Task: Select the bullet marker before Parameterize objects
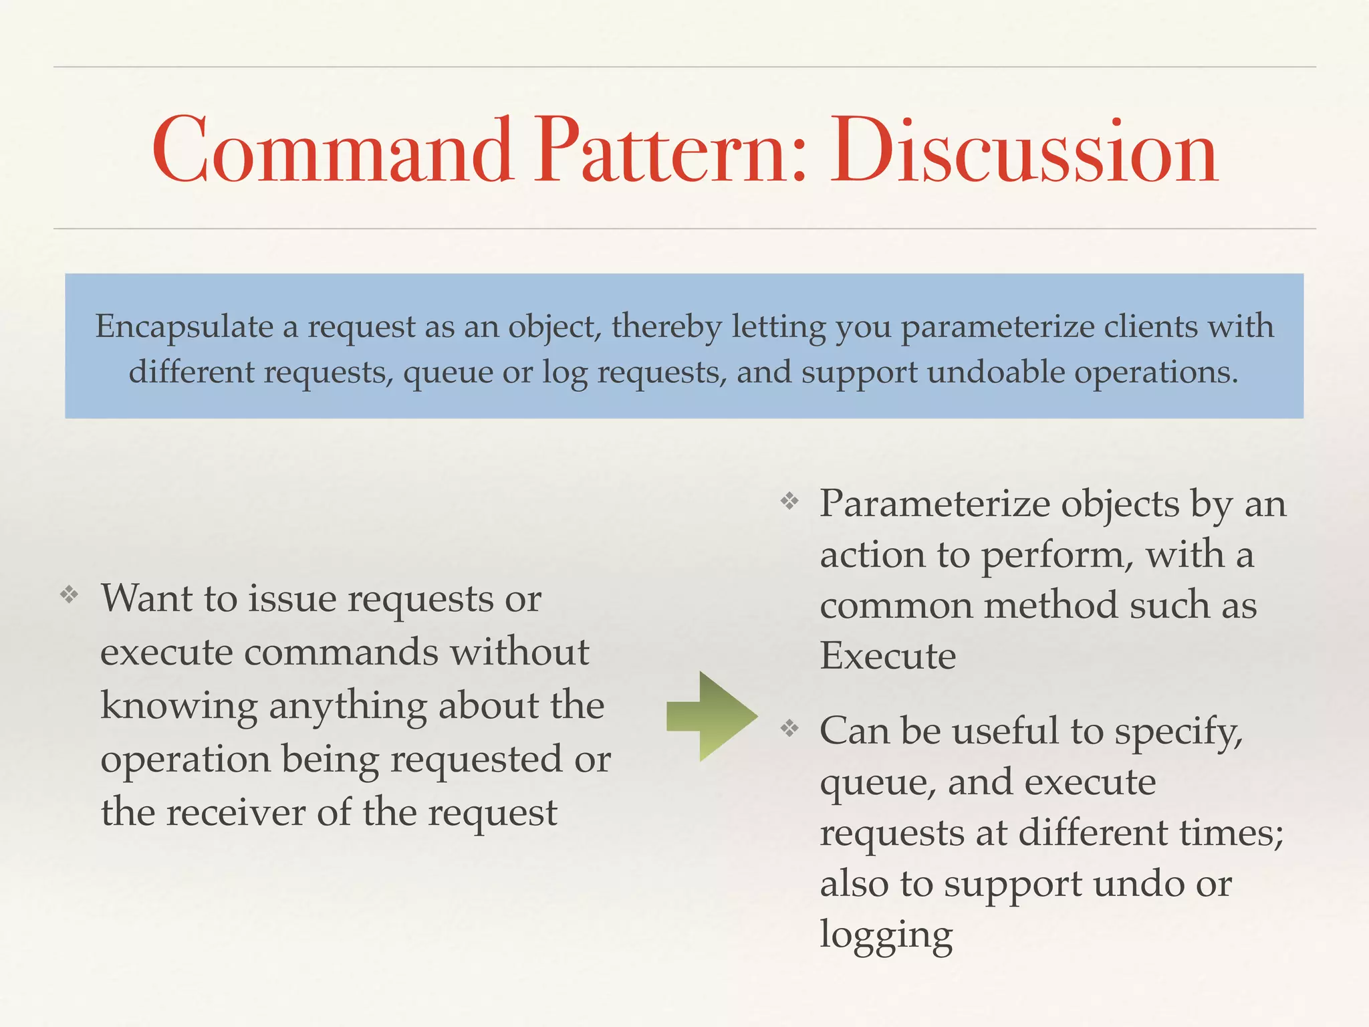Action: point(789,501)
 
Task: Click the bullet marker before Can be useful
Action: point(789,728)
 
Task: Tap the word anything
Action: point(348,707)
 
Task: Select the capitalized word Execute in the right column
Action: point(888,656)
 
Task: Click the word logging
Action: point(886,935)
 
